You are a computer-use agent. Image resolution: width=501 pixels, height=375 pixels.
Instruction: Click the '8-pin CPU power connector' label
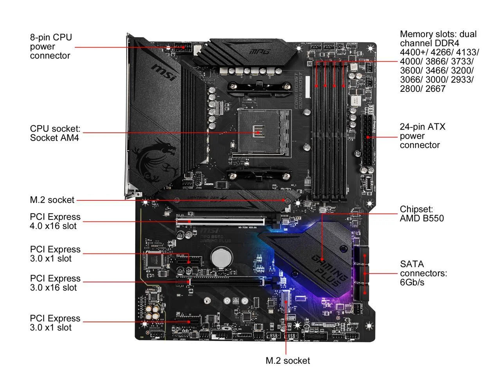pos(51,46)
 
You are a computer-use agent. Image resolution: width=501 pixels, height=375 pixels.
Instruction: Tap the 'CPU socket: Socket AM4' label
pos(55,133)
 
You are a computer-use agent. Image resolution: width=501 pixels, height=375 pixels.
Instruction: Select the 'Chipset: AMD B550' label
pos(422,214)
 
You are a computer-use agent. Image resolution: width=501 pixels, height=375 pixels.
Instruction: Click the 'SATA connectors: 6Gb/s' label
pos(423,273)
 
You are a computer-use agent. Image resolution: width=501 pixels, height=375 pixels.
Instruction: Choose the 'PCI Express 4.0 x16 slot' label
pos(55,221)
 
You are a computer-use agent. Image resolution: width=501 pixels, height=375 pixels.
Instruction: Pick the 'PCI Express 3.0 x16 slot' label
pos(55,283)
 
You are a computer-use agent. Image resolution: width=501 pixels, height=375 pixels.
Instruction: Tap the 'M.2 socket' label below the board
pos(288,361)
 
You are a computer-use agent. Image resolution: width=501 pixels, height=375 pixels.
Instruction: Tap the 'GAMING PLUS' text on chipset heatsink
pos(329,270)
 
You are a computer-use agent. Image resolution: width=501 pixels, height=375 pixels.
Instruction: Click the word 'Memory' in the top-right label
pos(416,34)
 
